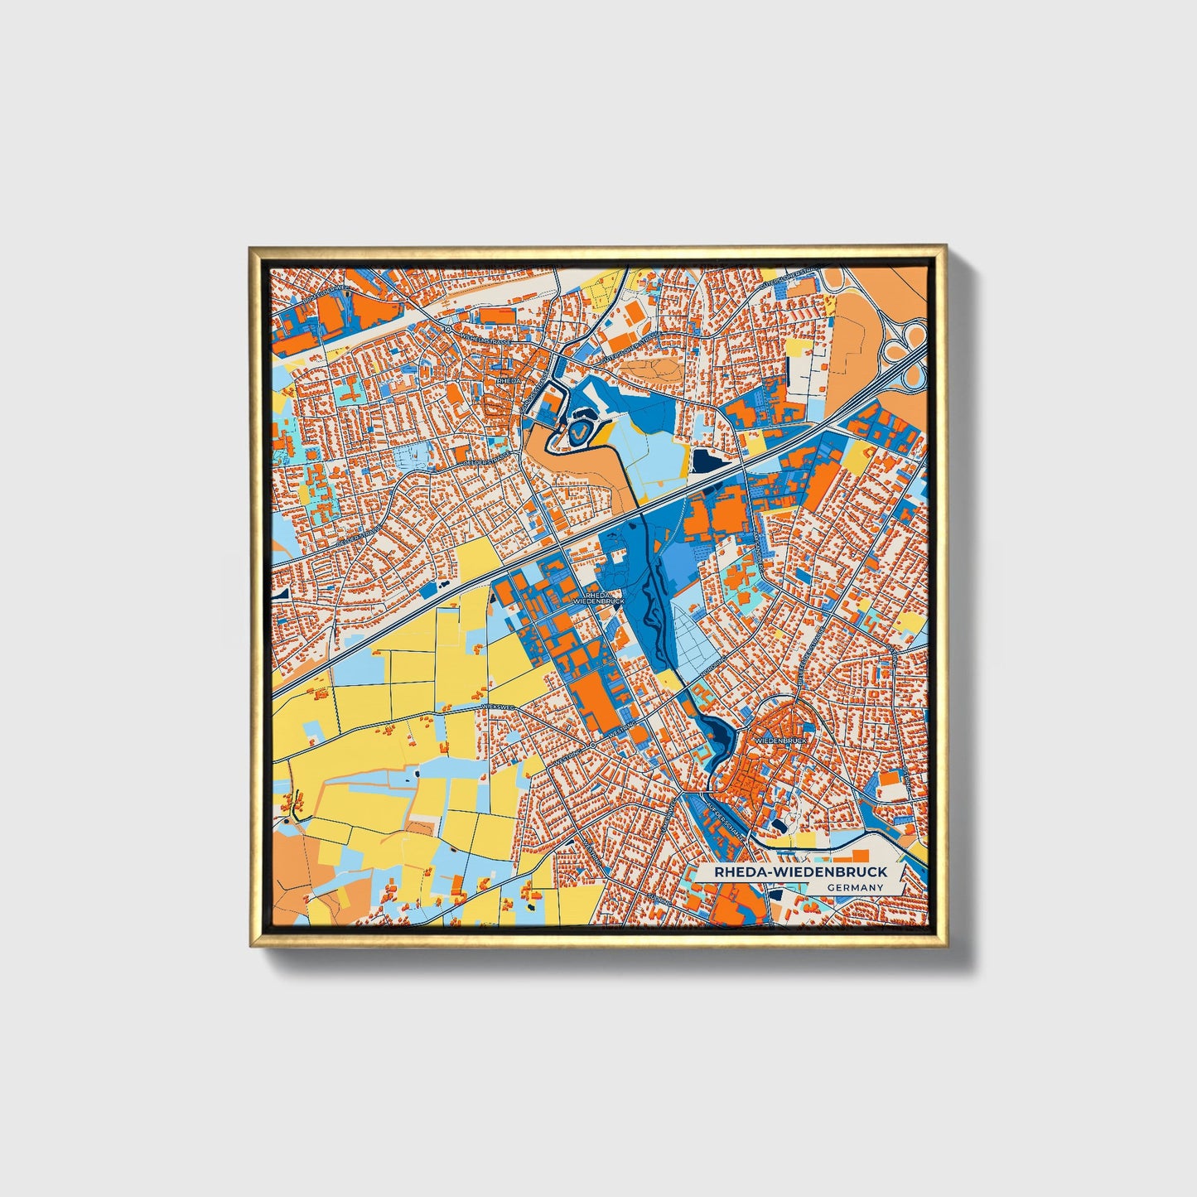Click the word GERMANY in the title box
tap(855, 887)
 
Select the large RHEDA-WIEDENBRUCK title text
tap(794, 871)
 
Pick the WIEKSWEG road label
tap(497, 706)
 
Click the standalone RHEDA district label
tap(507, 379)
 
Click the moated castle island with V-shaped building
tap(578, 431)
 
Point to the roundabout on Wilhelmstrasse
tap(447, 329)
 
